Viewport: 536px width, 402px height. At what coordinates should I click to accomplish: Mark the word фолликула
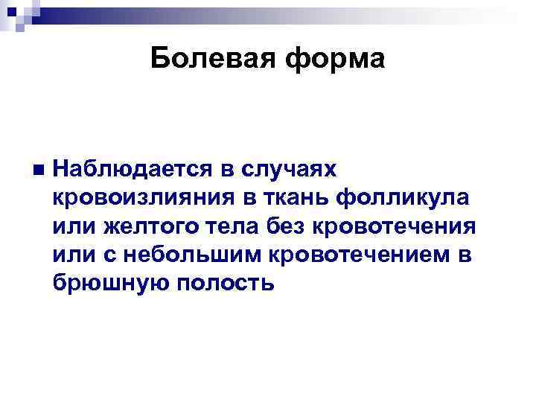pos(403,199)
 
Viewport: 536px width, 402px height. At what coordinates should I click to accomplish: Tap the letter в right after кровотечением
pos(465,254)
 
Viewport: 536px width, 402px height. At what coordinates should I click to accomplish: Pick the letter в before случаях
pos(229,170)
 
